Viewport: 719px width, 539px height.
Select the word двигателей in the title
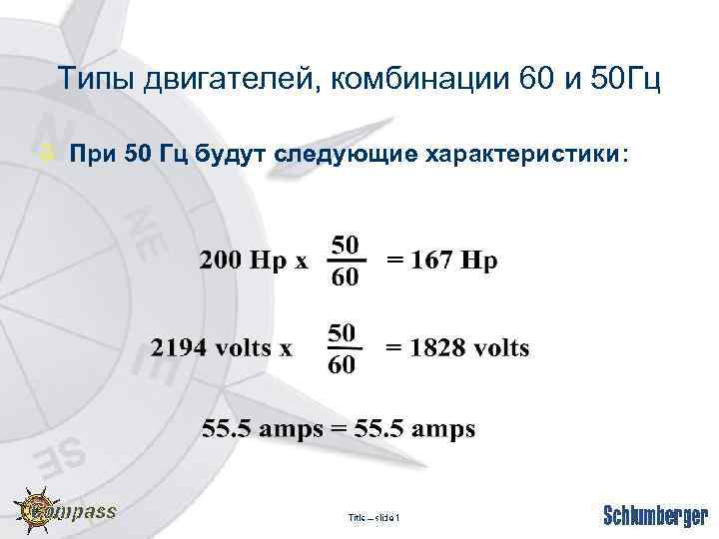(x=220, y=80)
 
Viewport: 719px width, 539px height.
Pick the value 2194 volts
(x=222, y=348)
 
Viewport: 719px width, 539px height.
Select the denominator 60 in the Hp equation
(x=346, y=276)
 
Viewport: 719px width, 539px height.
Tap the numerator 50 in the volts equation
(x=342, y=332)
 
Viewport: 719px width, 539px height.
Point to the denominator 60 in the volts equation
(x=342, y=365)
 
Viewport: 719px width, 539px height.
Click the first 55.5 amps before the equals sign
(x=262, y=430)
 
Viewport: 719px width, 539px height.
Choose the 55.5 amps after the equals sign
(x=415, y=430)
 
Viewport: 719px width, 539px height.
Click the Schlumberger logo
(x=654, y=515)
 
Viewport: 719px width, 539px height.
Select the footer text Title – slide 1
(x=372, y=517)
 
